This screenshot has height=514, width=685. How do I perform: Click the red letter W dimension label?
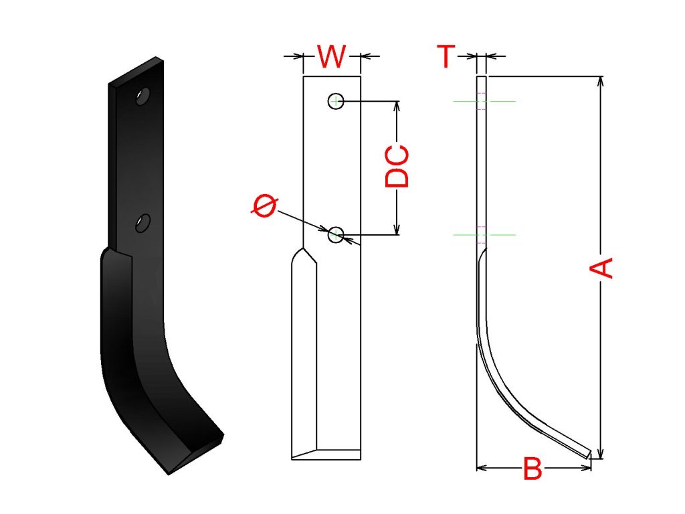click(332, 56)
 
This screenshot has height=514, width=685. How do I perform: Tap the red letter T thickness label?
click(446, 56)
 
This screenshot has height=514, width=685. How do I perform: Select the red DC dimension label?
click(397, 166)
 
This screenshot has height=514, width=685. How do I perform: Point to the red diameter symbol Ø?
click(264, 206)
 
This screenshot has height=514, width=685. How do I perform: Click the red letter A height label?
click(601, 268)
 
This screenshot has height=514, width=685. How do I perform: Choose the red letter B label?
click(532, 468)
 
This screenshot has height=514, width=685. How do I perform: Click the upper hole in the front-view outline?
click(336, 102)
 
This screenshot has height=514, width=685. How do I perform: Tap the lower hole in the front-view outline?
click(336, 235)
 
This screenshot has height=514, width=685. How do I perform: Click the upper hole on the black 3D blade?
click(142, 96)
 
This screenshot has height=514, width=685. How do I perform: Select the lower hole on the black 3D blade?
click(142, 223)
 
